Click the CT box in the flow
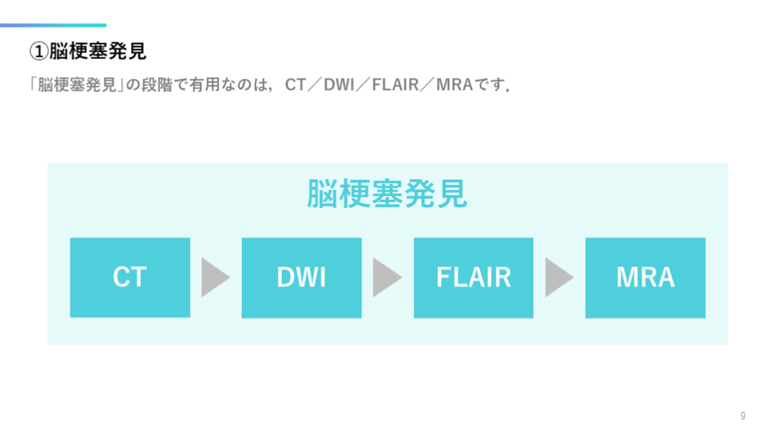click(x=130, y=277)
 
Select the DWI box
click(x=302, y=277)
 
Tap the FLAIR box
click(x=473, y=277)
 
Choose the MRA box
click(x=645, y=277)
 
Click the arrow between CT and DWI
click(x=215, y=277)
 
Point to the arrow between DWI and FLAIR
click(x=387, y=277)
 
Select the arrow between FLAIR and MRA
click(x=559, y=277)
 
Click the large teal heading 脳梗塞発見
click(x=387, y=195)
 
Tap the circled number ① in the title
click(x=39, y=51)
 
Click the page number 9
click(x=743, y=416)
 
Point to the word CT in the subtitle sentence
click(x=295, y=85)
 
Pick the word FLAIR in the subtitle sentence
click(x=396, y=85)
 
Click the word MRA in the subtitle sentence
click(x=455, y=85)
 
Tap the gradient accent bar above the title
click(x=53, y=25)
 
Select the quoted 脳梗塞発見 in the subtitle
click(x=76, y=85)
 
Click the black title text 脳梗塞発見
click(x=98, y=51)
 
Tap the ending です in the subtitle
click(x=492, y=85)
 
